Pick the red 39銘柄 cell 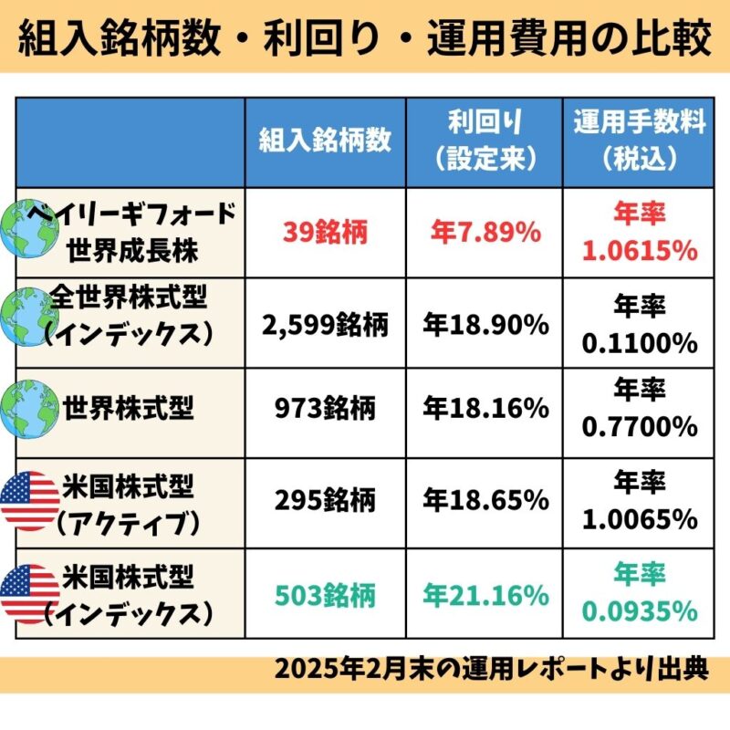325,234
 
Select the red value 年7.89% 485,234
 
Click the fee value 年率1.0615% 639,234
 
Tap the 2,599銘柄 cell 325,323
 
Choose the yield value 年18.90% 485,323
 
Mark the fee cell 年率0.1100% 639,323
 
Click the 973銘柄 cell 325,412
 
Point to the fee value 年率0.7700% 639,412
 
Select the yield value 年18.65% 485,500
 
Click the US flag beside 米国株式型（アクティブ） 29,500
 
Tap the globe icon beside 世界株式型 29,410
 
